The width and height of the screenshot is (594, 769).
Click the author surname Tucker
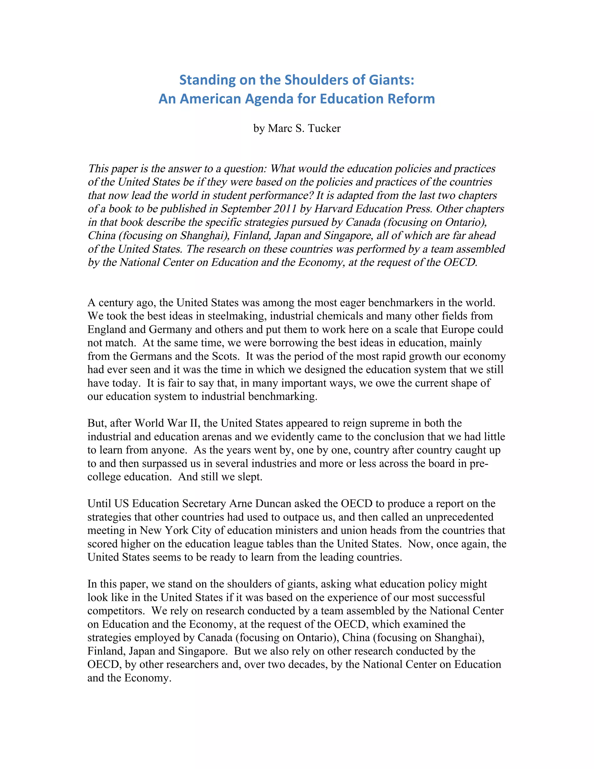(x=324, y=128)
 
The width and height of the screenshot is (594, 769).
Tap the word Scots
(x=224, y=356)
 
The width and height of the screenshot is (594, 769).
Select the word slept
(x=250, y=477)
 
